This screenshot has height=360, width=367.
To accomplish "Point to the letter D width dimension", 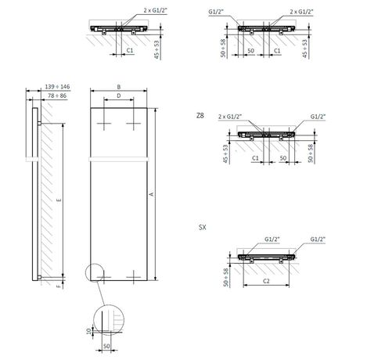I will point(117,95).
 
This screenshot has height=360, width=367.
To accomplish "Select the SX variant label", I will point(203,228).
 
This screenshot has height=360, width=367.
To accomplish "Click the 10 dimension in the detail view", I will point(88,332).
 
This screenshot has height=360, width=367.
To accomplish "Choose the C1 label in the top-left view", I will point(128,50).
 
